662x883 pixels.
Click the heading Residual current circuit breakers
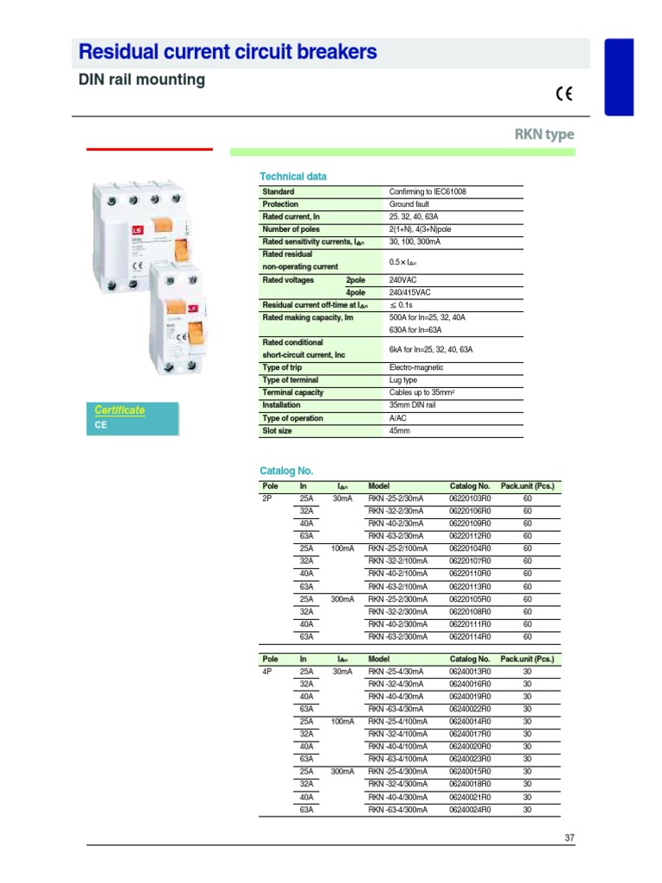coord(228,53)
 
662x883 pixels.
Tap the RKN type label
coord(544,135)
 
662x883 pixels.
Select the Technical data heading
coord(293,177)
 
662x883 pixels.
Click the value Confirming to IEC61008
coord(428,191)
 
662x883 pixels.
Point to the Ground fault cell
coord(409,204)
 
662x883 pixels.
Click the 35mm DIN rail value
coord(412,405)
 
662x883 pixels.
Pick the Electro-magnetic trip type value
coord(416,367)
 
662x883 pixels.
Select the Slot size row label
coord(277,430)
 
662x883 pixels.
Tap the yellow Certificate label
coord(120,410)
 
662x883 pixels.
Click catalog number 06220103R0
coord(470,498)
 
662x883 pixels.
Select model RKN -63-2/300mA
coord(397,636)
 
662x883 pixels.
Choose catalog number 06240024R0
coord(470,810)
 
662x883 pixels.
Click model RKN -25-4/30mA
coord(396,671)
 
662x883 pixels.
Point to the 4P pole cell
coord(266,671)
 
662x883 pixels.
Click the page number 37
coord(569,837)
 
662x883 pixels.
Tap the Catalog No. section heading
coord(286,471)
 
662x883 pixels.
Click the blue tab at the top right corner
coord(631,76)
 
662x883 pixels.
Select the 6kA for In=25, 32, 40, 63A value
coord(431,349)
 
